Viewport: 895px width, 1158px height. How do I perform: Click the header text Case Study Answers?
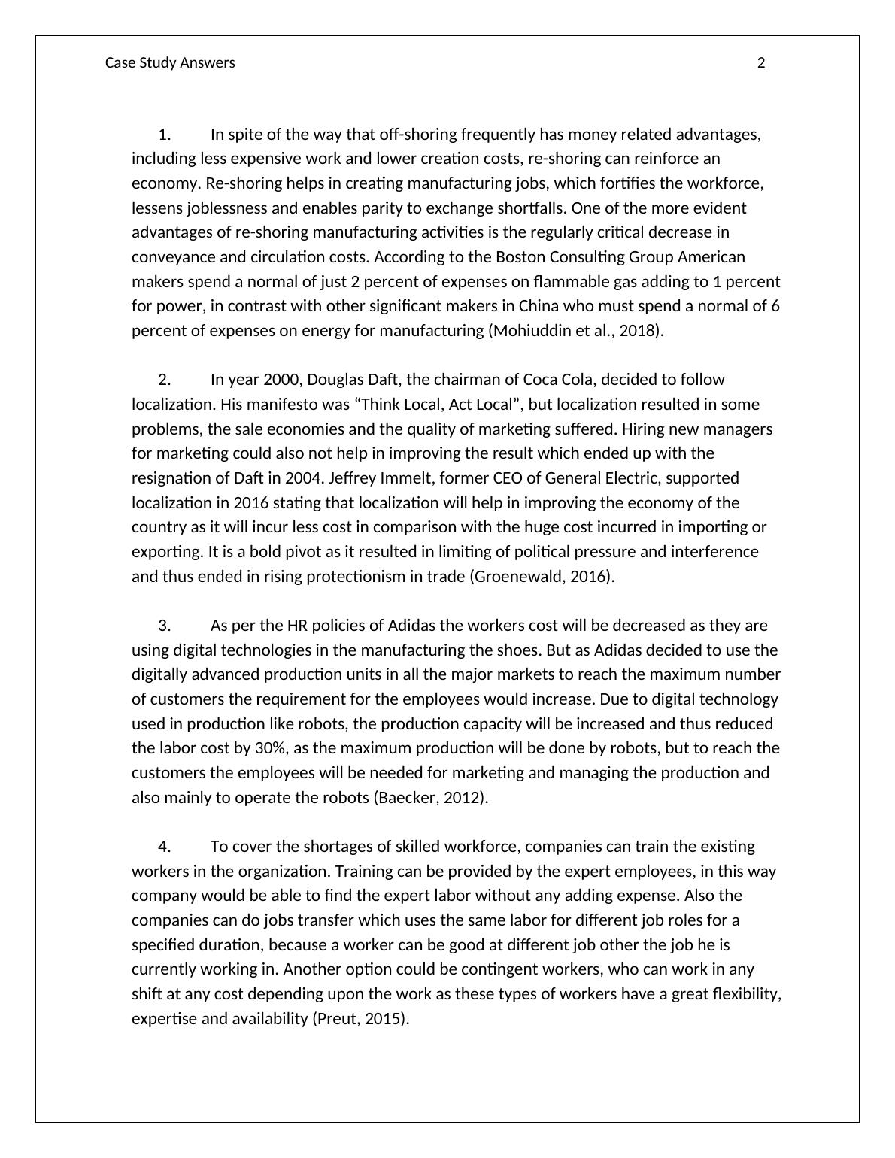(x=170, y=63)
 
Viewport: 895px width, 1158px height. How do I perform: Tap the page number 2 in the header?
(x=761, y=63)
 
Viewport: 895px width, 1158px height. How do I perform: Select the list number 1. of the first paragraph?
(x=165, y=135)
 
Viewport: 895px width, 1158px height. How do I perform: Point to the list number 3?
(x=165, y=626)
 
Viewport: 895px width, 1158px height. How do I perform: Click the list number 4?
(x=165, y=847)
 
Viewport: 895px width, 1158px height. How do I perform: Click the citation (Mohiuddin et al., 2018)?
(x=576, y=331)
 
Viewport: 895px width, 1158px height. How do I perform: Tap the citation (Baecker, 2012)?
(x=431, y=798)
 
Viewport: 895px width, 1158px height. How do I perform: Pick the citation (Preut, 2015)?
(x=360, y=1019)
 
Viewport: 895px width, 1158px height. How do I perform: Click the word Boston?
(x=520, y=257)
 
